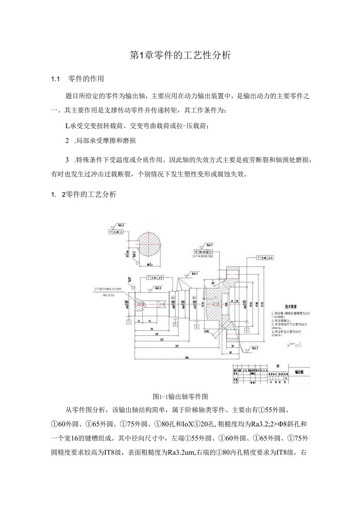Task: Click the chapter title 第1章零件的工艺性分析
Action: point(180,56)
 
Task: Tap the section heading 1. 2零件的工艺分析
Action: point(84,194)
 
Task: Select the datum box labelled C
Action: point(128,322)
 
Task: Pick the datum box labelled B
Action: point(175,324)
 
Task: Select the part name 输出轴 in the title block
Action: point(299,372)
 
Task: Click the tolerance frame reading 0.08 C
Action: point(115,232)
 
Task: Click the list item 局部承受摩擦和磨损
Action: point(105,140)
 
